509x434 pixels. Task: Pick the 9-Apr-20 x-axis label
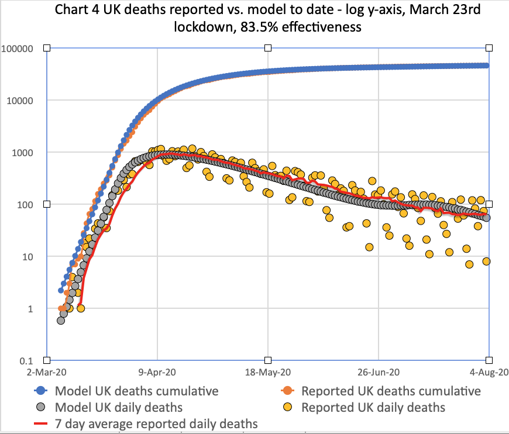click(157, 372)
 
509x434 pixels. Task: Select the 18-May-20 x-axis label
click(268, 372)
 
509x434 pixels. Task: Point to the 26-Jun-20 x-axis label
click(378, 372)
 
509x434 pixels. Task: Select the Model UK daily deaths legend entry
click(118, 407)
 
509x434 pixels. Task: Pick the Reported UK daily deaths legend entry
click(373, 407)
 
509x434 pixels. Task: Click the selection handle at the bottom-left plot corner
click(47, 360)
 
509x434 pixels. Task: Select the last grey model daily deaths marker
click(486, 218)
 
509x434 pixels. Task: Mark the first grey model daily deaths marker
click(61, 320)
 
